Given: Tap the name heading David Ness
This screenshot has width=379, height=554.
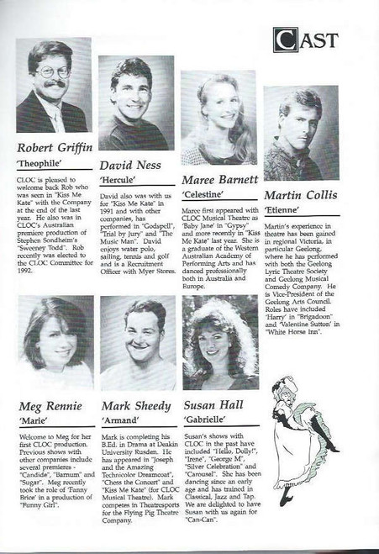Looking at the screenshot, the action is click(x=130, y=165).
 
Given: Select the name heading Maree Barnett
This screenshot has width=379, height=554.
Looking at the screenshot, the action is click(x=218, y=179).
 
